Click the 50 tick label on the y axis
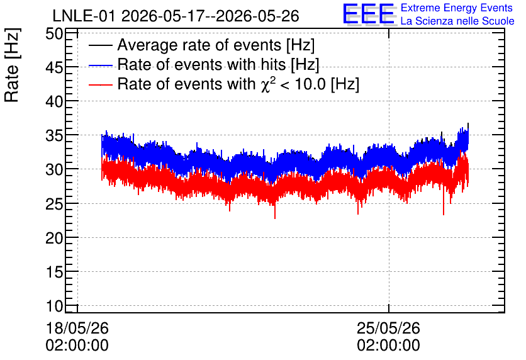54,34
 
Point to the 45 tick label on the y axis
54,68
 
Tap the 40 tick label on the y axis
54,102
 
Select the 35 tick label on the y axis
54,136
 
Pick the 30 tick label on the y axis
54,170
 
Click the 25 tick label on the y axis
54,205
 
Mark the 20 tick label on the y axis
54,239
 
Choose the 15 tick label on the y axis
54,272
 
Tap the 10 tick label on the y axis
54,307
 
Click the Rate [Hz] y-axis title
13,65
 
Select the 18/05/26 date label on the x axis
77,328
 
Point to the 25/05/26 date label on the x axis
388,328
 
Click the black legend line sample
100,45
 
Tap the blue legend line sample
100,65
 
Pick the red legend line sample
100,84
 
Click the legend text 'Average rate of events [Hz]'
216,45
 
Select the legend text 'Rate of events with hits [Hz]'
218,65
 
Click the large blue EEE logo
369,14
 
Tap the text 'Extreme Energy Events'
457,8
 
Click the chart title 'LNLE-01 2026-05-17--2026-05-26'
176,16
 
